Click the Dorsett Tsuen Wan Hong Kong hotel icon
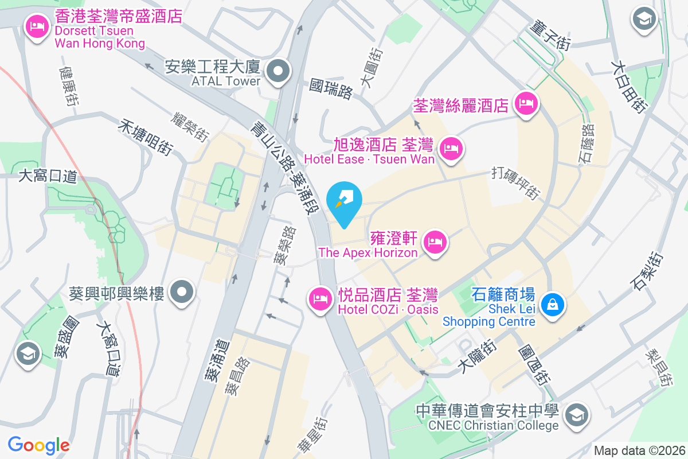(x=38, y=26)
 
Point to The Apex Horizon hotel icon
(x=436, y=242)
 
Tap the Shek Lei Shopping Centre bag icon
(x=553, y=304)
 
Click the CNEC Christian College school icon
(x=575, y=414)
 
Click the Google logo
(x=38, y=445)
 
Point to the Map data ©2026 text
(x=639, y=450)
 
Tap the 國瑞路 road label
(x=331, y=88)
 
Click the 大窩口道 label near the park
(x=48, y=176)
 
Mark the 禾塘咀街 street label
(x=145, y=137)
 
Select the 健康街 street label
(x=68, y=87)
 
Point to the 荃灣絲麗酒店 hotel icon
(x=526, y=104)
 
